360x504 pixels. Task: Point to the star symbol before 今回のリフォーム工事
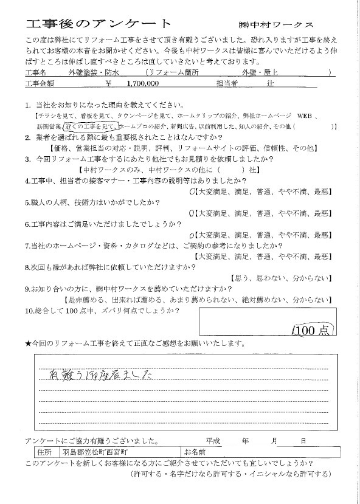28,345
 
